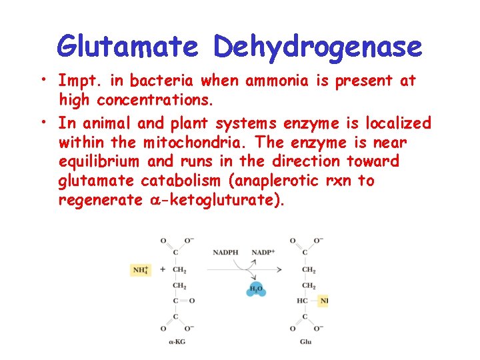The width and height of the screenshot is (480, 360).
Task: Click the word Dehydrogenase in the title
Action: [x=318, y=47]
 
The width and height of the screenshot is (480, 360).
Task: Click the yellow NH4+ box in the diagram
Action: [x=141, y=270]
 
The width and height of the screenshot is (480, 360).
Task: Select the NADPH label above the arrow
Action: [x=225, y=253]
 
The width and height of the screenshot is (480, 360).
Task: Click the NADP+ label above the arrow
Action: [x=263, y=253]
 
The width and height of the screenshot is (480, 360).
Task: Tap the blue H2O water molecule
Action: [x=255, y=289]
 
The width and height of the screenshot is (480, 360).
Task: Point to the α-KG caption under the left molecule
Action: [x=176, y=342]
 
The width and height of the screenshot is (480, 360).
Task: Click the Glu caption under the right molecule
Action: [x=306, y=342]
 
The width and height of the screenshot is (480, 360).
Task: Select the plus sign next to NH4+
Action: [x=162, y=270]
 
